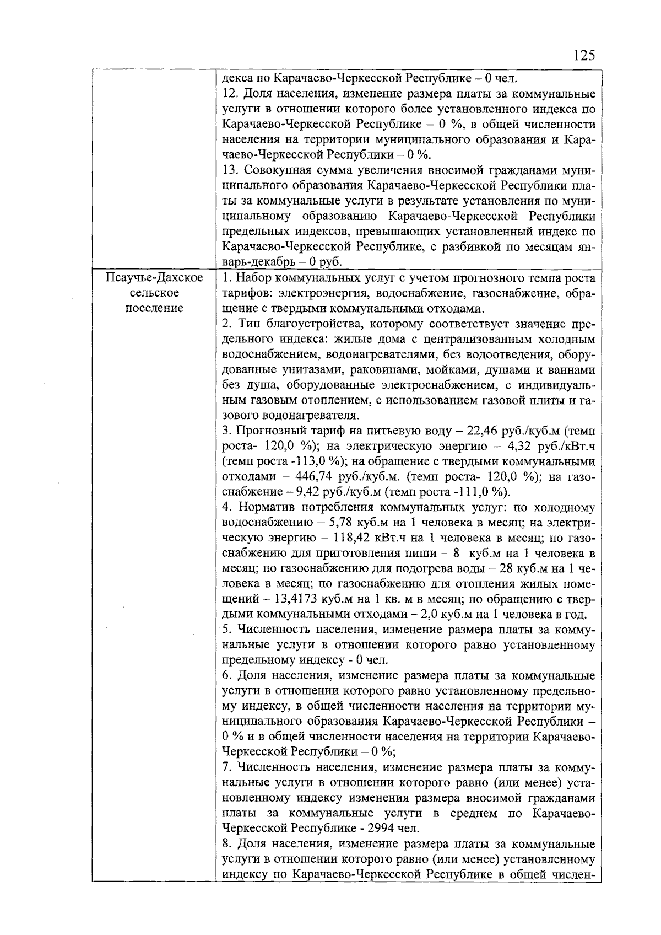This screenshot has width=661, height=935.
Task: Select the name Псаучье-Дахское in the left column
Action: (x=154, y=277)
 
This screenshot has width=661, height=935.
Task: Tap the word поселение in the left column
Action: (x=154, y=308)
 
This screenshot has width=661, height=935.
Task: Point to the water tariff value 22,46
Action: (x=483, y=431)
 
